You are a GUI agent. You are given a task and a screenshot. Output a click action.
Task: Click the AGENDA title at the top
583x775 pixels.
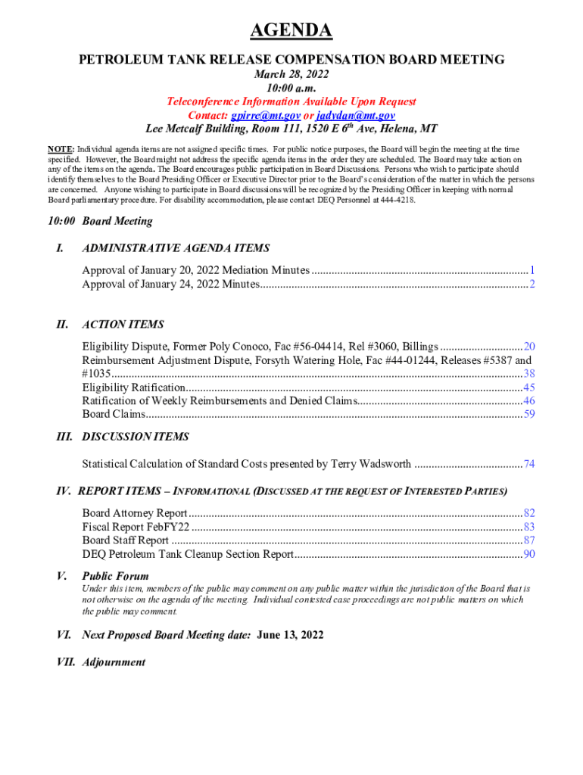291,31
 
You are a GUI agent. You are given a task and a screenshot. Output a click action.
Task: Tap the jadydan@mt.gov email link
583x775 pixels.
365,115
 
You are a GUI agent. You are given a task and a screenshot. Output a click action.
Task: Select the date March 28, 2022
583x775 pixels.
291,74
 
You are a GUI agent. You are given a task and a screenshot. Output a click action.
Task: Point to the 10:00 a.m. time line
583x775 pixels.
291,88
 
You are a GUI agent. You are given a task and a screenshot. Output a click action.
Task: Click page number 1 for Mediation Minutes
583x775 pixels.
532,270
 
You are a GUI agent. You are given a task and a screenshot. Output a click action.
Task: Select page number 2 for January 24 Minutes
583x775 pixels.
532,284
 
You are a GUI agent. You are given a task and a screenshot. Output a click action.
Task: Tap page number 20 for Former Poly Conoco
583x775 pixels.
529,346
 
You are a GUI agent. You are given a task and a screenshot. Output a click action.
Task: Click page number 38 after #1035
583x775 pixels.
529,374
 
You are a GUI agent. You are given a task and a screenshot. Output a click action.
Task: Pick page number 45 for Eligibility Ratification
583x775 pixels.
529,387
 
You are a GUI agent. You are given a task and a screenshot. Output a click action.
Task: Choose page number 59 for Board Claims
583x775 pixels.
529,414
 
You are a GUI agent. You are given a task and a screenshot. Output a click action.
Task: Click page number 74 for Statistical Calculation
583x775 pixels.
529,464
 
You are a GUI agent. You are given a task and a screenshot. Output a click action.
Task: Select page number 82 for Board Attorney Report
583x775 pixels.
529,513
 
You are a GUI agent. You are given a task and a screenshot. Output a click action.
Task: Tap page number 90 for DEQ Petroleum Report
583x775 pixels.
529,555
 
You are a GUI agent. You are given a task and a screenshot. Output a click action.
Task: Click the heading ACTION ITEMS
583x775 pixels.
123,325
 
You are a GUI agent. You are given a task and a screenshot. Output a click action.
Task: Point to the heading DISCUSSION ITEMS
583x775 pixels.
136,437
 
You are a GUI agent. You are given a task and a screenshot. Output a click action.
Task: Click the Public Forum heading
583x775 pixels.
115,576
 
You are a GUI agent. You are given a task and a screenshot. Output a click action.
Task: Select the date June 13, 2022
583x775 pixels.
290,635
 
